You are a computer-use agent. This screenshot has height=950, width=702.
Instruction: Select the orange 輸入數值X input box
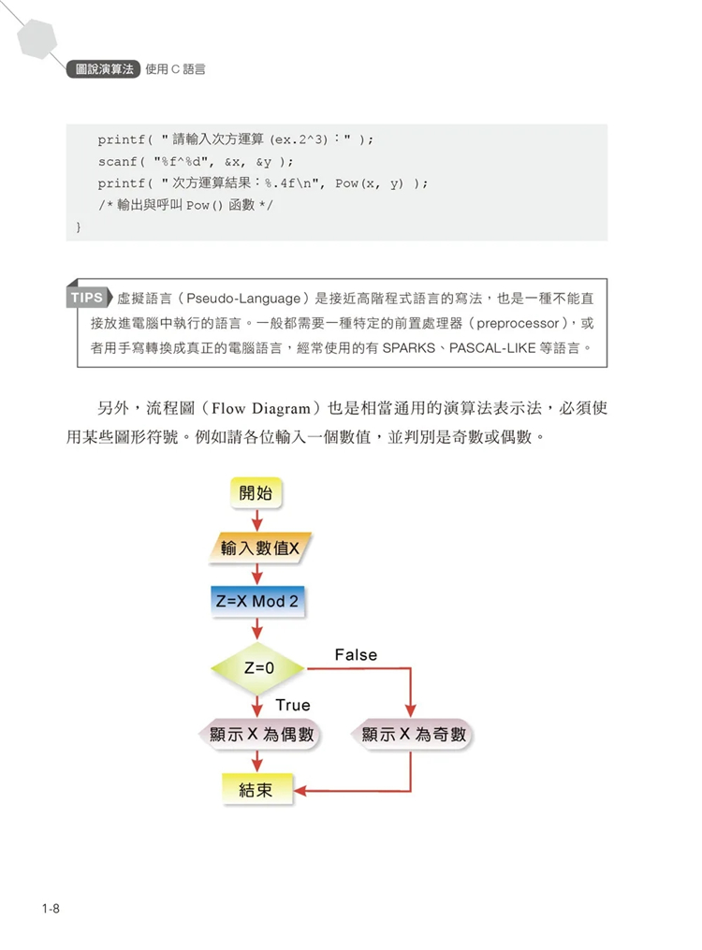pos(259,548)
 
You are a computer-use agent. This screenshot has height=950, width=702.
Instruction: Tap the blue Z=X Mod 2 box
pos(256,601)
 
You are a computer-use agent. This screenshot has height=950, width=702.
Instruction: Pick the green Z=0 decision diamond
pos(258,668)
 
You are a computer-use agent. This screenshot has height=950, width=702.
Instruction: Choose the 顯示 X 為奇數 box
pos(413,735)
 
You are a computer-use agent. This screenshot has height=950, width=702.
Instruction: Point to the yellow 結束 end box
pos(256,789)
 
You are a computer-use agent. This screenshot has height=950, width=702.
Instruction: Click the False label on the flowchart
pos(356,655)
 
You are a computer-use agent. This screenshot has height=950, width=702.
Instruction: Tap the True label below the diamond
pos(293,705)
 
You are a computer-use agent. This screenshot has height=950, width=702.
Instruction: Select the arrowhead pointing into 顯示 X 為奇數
pos(412,711)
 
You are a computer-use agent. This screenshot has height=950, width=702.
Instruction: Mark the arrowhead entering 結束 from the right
pos(301,789)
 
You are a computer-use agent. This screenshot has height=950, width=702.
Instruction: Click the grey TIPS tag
pos(88,299)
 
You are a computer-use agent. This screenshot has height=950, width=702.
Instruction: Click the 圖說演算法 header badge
pos(104,69)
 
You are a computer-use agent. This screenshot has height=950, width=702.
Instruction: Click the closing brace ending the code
pos(79,227)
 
